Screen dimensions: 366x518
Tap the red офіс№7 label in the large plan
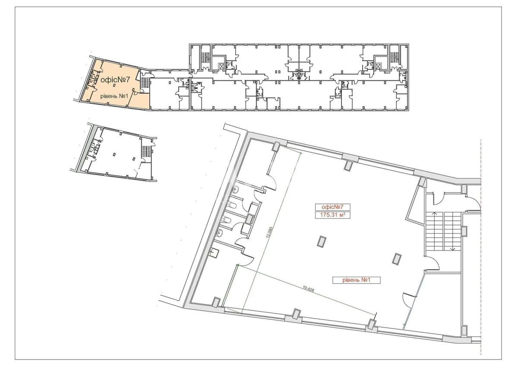tap(330, 206)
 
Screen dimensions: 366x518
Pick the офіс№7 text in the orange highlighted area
tap(115, 80)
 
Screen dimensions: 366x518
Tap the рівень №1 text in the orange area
tap(113, 96)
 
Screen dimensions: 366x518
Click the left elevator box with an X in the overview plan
tap(221, 66)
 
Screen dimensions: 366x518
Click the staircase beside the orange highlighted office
tap(145, 81)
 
